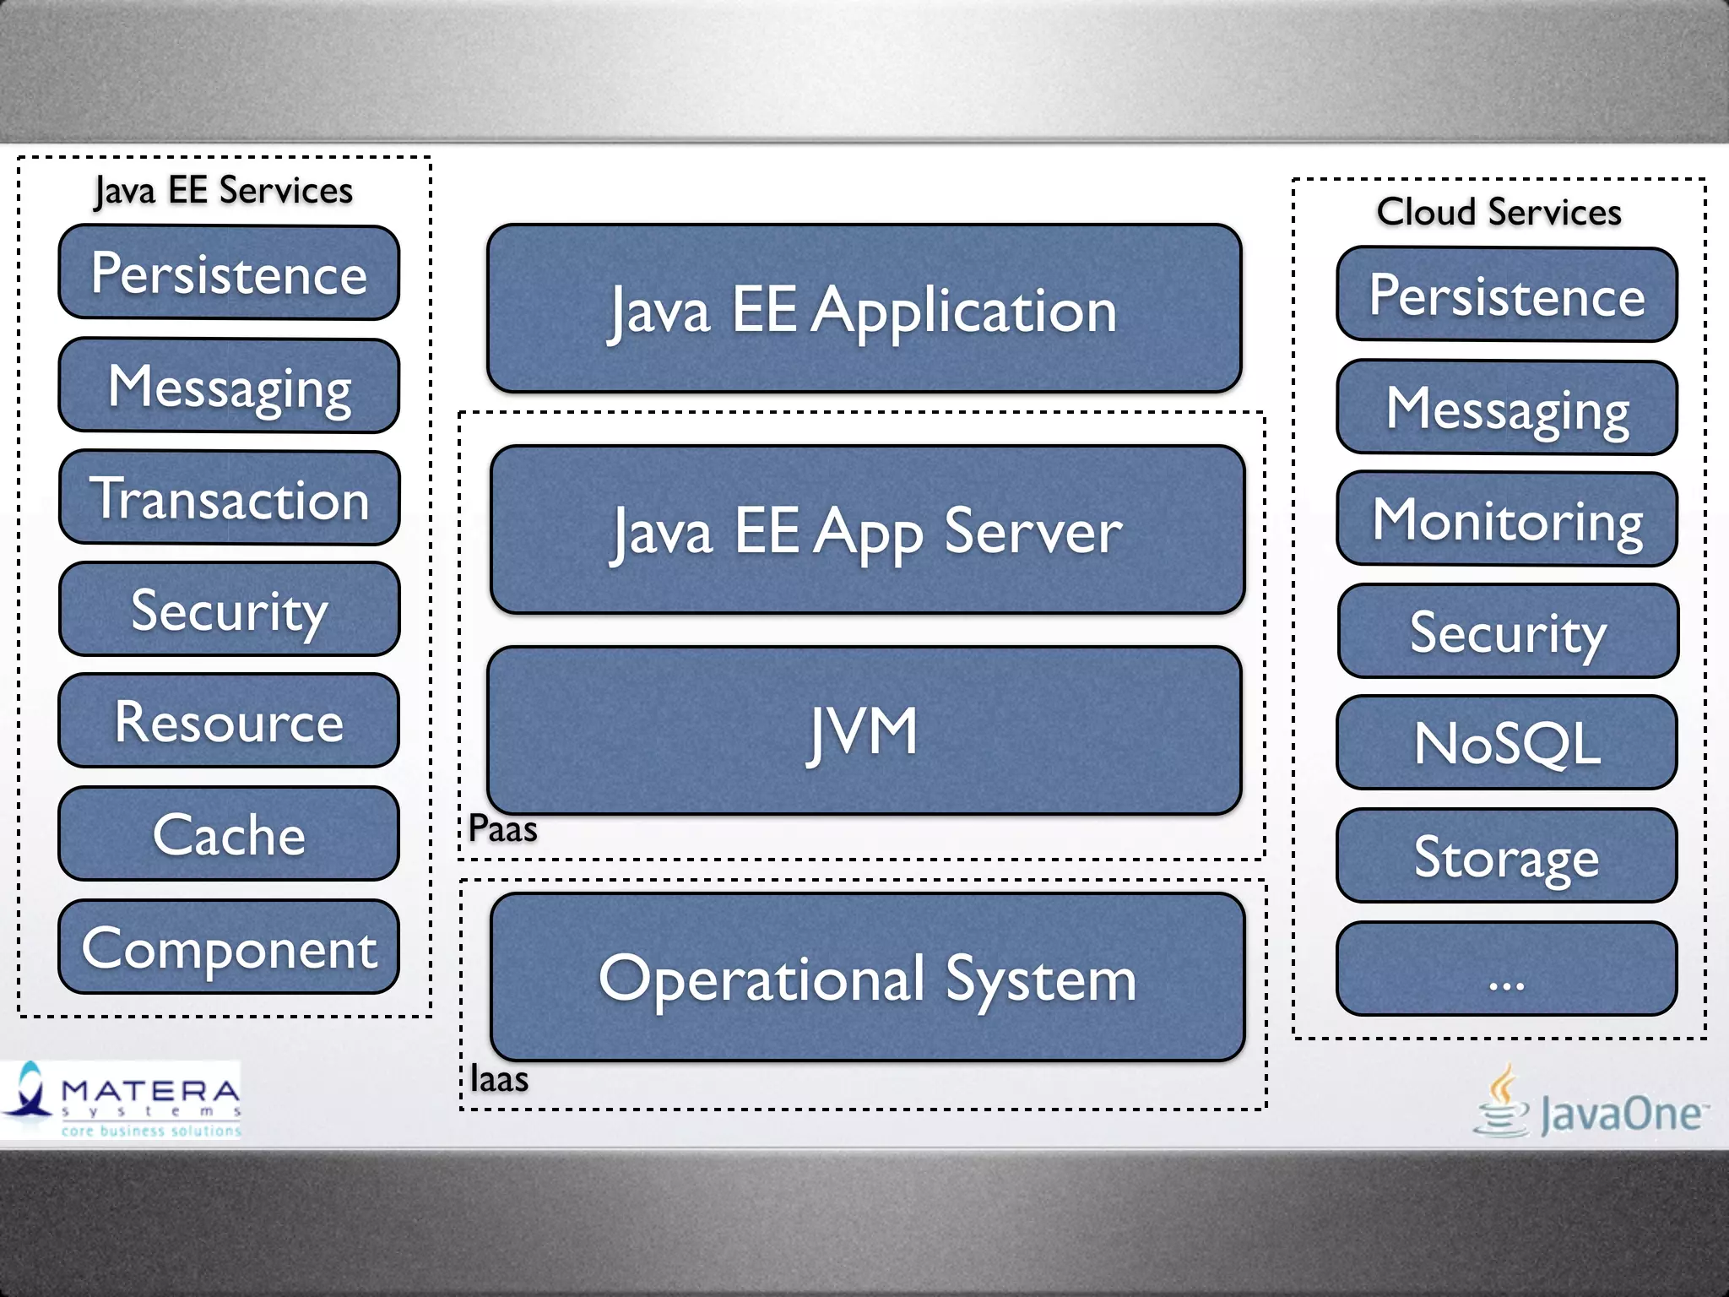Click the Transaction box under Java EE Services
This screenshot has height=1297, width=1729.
(229, 498)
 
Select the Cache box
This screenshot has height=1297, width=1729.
(229, 834)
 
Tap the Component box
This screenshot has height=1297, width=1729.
(229, 947)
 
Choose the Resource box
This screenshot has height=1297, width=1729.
(229, 721)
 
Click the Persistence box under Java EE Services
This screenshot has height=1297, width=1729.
(229, 273)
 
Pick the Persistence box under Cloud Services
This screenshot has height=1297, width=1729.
(1507, 295)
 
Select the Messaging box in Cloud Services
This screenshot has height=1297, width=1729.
(1507, 408)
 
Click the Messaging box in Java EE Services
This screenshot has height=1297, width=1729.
(229, 386)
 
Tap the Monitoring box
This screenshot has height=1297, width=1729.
(1507, 519)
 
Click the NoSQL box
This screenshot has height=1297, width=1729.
(1507, 743)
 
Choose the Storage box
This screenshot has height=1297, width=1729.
(1507, 855)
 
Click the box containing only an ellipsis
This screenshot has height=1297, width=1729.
(1507, 969)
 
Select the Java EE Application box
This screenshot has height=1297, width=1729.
(864, 309)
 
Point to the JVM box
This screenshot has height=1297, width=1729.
(864, 731)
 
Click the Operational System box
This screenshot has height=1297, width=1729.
(867, 978)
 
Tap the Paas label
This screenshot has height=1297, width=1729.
(502, 829)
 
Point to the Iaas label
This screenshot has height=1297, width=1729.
(499, 1079)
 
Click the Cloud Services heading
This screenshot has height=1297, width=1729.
(1499, 211)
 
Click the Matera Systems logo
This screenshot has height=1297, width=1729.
(122, 1099)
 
